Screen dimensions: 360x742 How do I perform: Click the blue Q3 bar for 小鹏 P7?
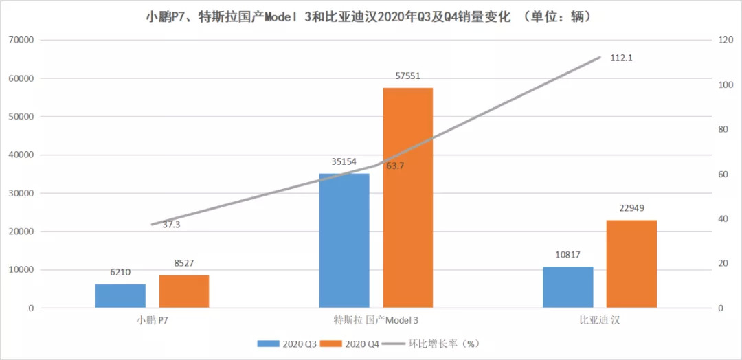point(120,296)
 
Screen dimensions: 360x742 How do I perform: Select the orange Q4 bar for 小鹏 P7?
point(183,291)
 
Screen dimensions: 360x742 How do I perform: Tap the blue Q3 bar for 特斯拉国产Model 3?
point(344,240)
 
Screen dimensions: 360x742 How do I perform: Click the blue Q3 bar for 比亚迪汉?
point(567,287)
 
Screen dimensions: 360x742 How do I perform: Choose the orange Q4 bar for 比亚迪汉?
point(631,264)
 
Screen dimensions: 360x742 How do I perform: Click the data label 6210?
point(120,273)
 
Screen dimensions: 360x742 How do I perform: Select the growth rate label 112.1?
point(621,58)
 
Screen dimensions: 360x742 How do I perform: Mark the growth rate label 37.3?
point(172,225)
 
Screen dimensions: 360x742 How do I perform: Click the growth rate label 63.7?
point(394,166)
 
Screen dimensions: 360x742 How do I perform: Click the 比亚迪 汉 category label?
point(599,321)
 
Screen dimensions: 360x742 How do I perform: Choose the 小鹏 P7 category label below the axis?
point(152,321)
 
